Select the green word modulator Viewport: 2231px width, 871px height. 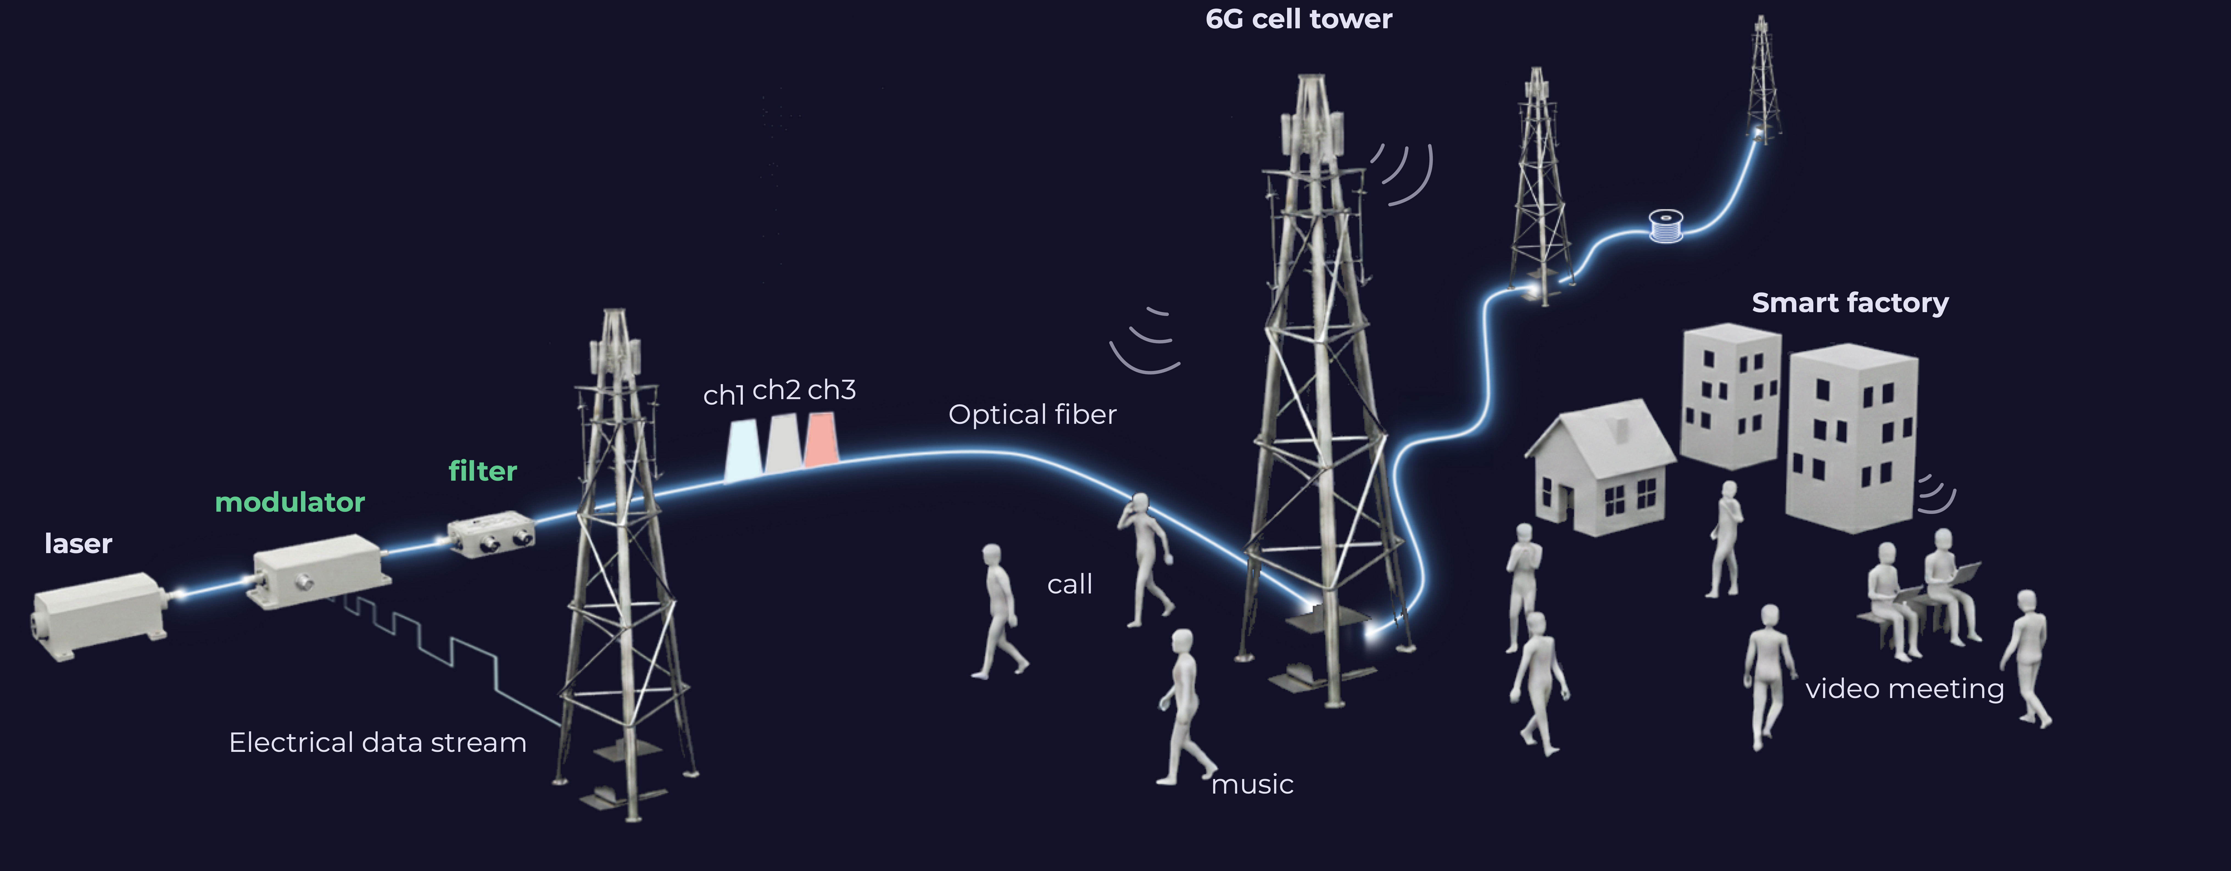pos(289,502)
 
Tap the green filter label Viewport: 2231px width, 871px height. pos(483,471)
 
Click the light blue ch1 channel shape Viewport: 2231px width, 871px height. pos(743,450)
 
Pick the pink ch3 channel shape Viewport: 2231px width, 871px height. pos(820,440)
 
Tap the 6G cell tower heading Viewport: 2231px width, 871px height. pos(1298,19)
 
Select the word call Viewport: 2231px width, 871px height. pos(1070,584)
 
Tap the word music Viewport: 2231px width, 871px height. pos(1252,785)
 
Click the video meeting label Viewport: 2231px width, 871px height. pos(1904,689)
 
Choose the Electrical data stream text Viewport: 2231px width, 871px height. pos(378,743)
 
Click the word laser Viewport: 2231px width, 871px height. pos(78,544)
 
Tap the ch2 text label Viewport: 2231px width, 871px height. pos(776,390)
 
